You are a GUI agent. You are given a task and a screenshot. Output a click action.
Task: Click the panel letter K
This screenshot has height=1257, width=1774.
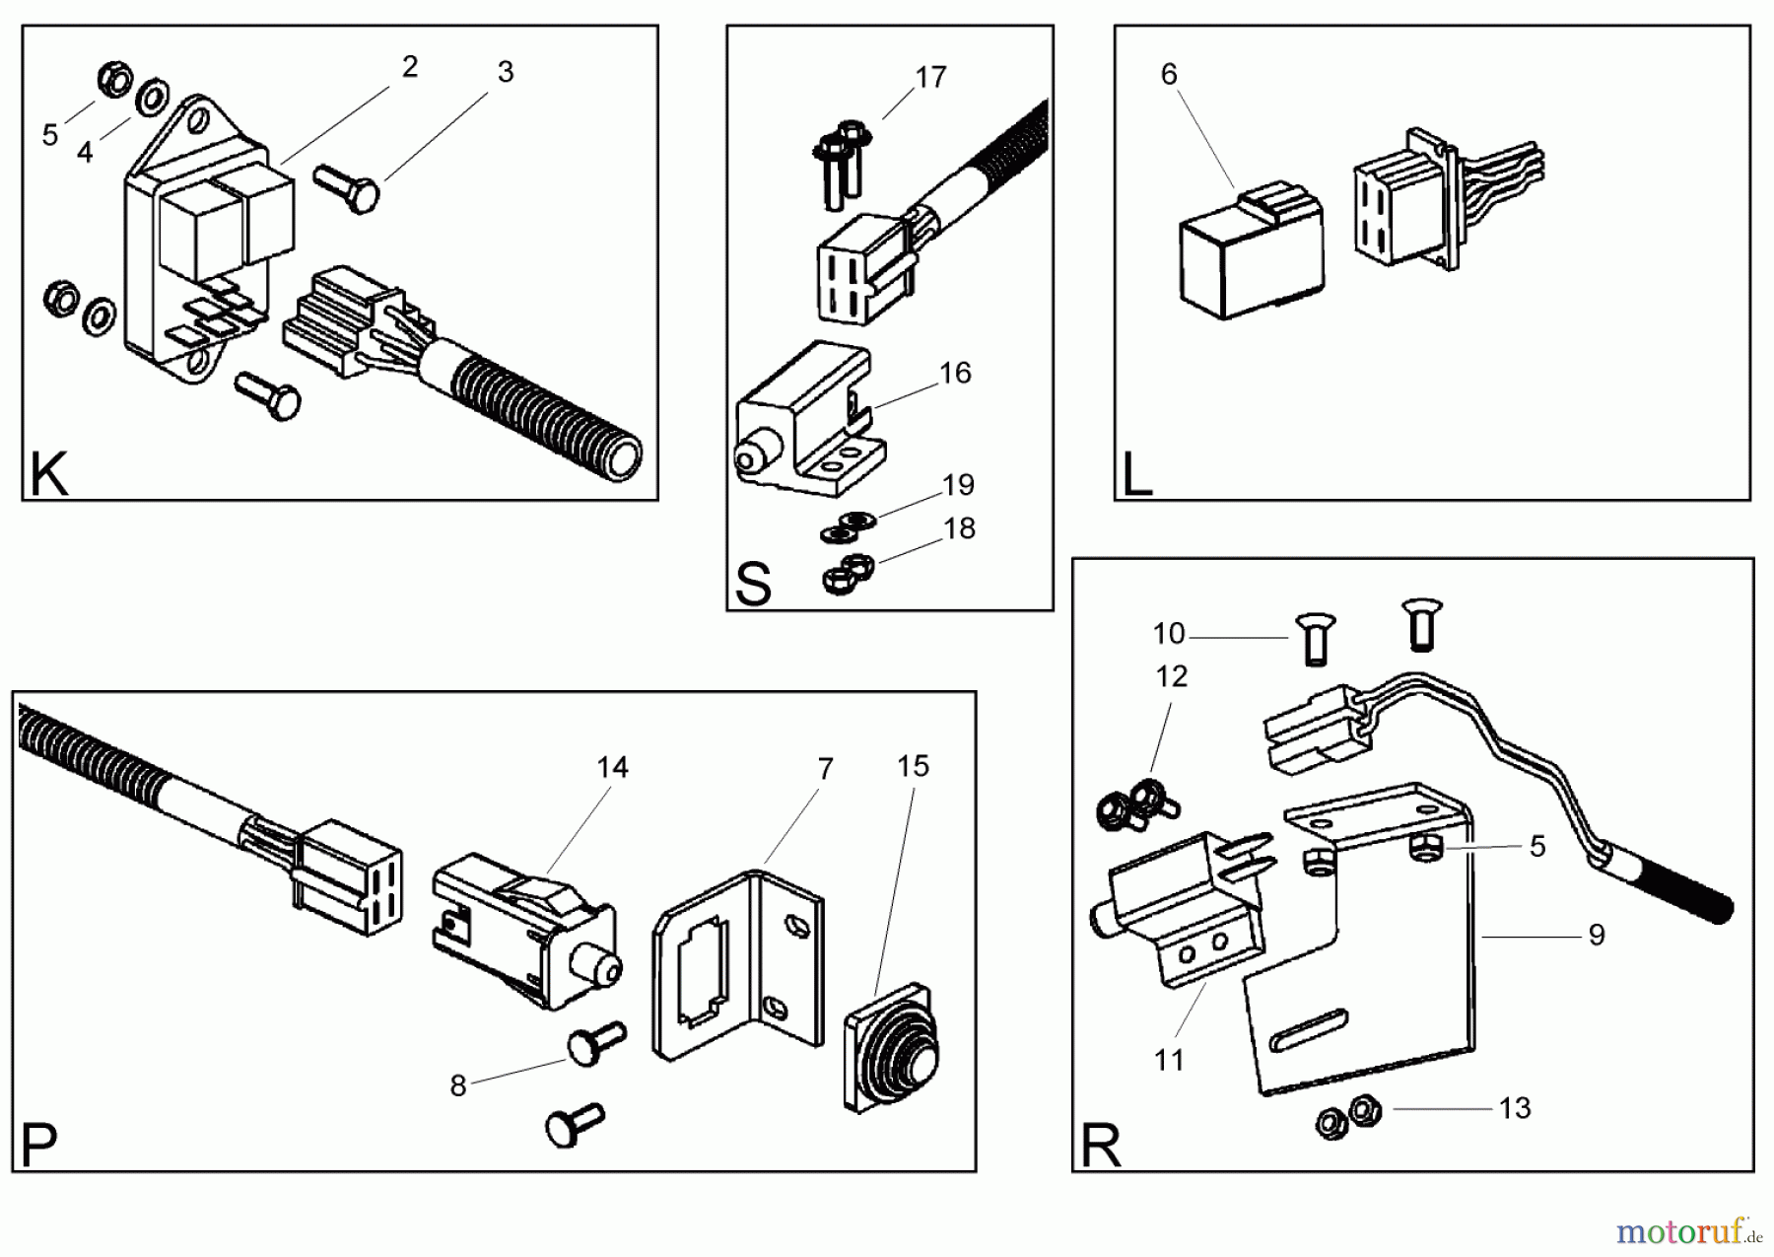click(49, 475)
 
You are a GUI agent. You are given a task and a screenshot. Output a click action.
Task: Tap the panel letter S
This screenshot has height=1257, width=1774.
click(753, 585)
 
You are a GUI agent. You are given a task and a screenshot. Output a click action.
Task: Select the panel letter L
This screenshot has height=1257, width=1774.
click(1136, 476)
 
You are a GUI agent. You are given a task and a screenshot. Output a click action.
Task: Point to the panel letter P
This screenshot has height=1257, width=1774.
click(39, 1147)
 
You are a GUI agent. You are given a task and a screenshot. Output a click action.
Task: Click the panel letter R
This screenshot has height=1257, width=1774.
click(1101, 1147)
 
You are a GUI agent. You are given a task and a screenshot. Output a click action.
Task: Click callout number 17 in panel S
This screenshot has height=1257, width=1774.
click(930, 77)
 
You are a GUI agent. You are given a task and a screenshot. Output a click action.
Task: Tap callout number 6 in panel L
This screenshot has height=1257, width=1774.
click(1169, 74)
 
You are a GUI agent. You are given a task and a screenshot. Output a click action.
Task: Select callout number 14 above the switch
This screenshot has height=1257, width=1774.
click(612, 767)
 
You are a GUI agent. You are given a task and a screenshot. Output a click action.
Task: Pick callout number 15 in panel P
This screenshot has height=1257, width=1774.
click(913, 766)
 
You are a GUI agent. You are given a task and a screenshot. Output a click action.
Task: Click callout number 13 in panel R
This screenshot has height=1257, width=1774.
click(1515, 1108)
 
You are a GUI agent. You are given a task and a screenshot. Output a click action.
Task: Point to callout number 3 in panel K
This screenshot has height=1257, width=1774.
click(506, 72)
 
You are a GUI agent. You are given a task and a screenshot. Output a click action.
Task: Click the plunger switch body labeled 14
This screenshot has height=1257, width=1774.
click(522, 937)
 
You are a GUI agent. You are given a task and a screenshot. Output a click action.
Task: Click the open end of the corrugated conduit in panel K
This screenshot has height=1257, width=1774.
click(621, 460)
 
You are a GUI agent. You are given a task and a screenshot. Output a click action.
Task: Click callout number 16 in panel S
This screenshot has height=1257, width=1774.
click(955, 373)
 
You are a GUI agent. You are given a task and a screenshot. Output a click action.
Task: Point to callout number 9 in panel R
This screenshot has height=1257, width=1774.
click(1597, 935)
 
